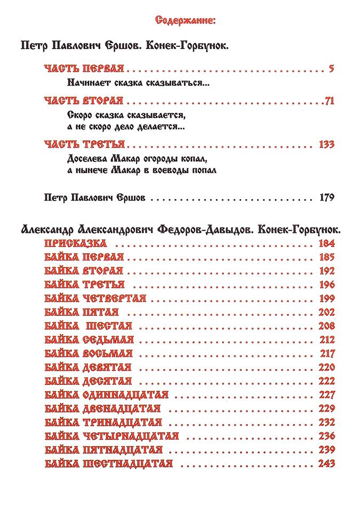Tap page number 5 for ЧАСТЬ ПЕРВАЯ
point(331,69)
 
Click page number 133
point(325,144)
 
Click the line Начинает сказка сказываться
point(138,83)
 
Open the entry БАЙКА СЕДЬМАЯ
point(89,339)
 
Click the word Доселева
point(88,159)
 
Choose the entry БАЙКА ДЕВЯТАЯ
point(87,367)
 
